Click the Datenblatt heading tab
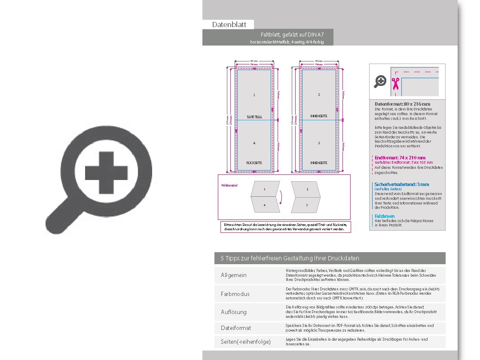point(229,24)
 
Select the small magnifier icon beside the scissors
point(380,81)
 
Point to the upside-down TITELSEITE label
point(254,116)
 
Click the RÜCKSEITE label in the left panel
point(254,163)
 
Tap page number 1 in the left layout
point(254,95)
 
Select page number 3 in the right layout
point(319,143)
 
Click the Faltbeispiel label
point(229,186)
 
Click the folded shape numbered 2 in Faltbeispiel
point(307,189)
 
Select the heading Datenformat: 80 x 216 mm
point(402,104)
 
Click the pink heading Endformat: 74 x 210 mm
point(400,158)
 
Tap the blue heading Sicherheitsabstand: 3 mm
point(401,184)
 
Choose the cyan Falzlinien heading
point(385,216)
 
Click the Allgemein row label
point(234,275)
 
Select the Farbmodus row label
point(235,294)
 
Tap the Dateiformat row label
point(236,328)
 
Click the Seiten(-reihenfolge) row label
point(246,342)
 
